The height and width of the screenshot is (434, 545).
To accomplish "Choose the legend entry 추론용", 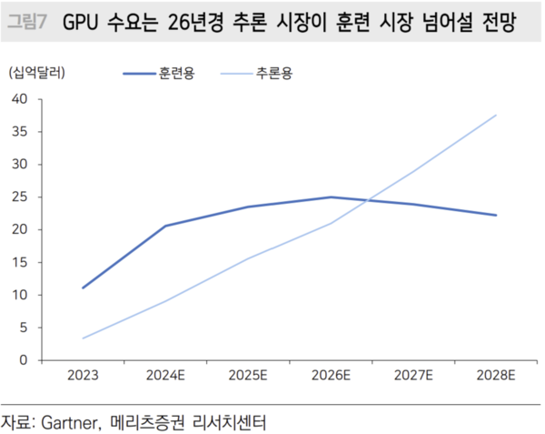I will point(273,71).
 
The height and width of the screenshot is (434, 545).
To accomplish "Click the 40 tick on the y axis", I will point(22,99).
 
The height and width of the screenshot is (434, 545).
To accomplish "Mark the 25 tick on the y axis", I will point(22,197).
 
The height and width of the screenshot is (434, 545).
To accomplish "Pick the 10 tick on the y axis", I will point(22,295).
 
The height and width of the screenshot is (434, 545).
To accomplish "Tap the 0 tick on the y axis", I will point(25,360).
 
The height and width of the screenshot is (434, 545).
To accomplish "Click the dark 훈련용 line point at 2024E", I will point(165,226).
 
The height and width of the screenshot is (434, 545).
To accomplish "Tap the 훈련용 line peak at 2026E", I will point(331,197).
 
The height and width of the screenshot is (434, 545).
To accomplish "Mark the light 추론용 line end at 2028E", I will point(496,116).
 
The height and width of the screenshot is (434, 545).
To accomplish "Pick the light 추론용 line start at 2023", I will point(83,338).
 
